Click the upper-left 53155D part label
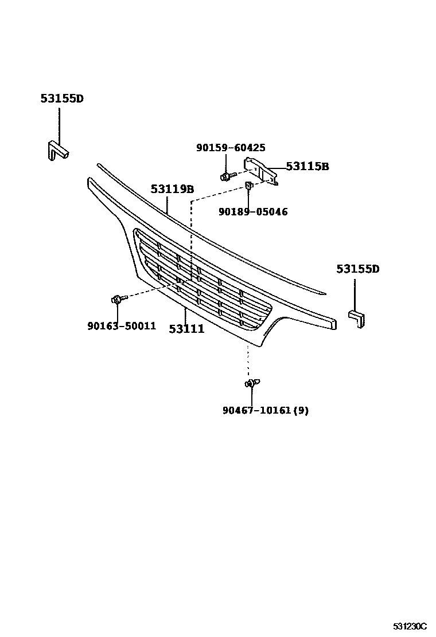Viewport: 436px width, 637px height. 62,99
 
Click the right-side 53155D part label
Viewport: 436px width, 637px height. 358,269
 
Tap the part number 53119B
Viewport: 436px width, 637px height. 172,189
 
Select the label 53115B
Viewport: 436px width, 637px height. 307,167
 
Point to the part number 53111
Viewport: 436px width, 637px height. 186,329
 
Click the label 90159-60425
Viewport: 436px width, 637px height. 231,148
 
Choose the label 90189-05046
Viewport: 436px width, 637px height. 253,212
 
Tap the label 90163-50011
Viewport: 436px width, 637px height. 122,326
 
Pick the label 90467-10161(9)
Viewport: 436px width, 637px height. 266,410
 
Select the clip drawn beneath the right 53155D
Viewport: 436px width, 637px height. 357,318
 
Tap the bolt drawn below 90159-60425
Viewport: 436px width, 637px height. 226,175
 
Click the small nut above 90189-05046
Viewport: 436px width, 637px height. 250,185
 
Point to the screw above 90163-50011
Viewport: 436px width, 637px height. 116,299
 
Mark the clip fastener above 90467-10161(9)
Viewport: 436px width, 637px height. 252,383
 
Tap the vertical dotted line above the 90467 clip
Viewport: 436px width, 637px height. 248,361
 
